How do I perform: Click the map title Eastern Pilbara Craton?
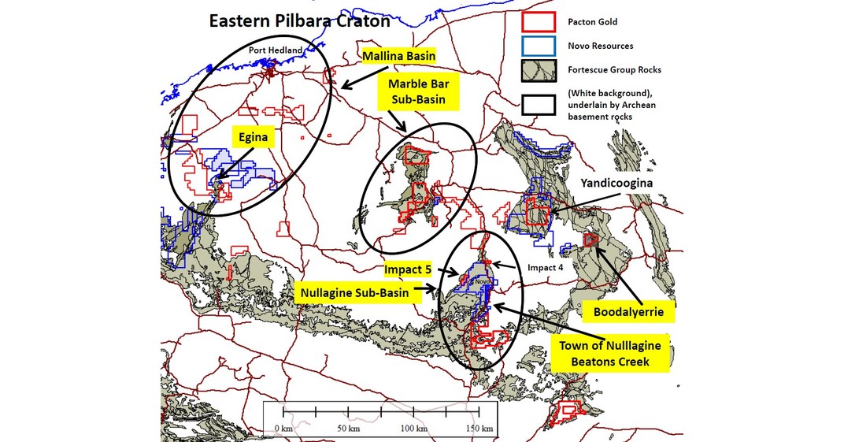point(299,21)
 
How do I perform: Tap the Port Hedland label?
point(274,50)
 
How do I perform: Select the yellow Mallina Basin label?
point(398,57)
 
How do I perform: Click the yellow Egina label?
point(255,137)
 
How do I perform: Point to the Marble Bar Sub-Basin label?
point(422,91)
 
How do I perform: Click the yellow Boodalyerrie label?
point(633,312)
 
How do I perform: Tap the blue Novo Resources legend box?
point(538,46)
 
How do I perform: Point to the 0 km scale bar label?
point(283,428)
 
